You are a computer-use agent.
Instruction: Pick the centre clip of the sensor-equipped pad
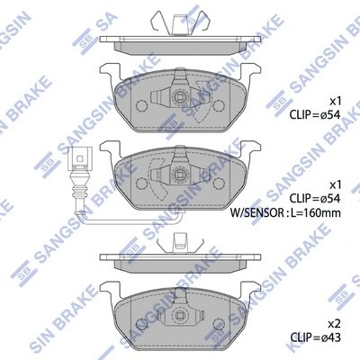click(x=177, y=175)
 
